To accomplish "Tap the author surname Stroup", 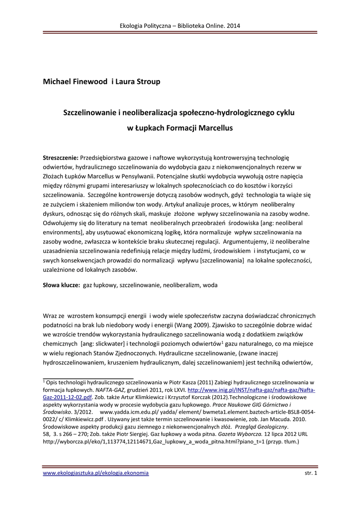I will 147,82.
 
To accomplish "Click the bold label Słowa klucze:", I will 62,286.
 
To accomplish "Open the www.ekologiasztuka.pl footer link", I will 96,473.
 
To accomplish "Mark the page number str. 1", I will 310,473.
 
